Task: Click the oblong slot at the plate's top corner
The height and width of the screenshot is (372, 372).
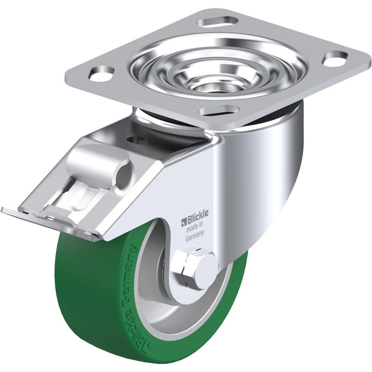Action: point(217,22)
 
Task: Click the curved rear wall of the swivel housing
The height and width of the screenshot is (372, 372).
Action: point(275,156)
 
